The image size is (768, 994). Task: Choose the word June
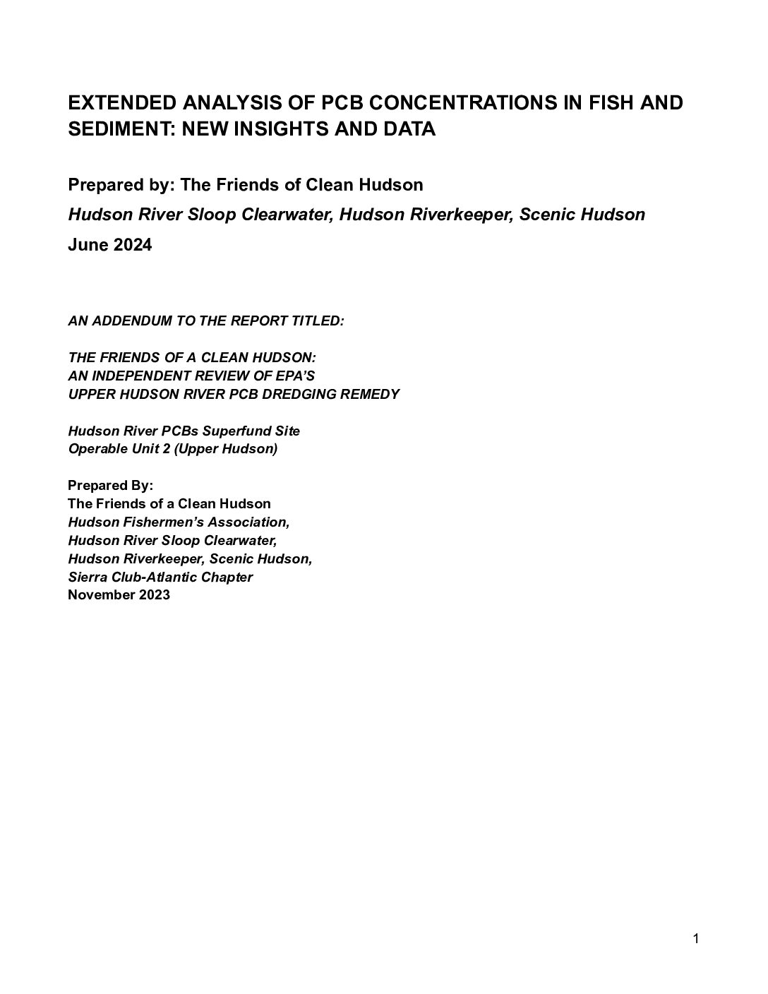click(x=88, y=245)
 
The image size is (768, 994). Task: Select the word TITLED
click(x=318, y=321)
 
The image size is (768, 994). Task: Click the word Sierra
click(x=87, y=577)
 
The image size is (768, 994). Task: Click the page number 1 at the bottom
click(x=696, y=938)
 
